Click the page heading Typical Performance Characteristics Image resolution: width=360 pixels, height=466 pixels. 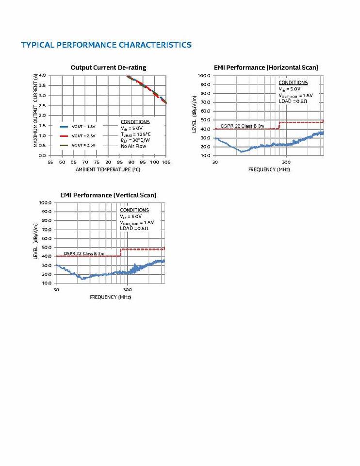point(106,45)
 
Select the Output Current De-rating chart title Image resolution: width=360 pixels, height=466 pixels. point(108,67)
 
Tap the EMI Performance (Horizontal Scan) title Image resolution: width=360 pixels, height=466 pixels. point(266,67)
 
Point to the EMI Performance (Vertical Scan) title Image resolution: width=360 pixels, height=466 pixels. point(108,195)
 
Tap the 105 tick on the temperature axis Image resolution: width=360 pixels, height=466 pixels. point(166,162)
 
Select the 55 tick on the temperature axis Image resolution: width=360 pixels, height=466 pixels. point(50,162)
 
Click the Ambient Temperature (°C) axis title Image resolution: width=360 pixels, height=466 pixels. point(108,169)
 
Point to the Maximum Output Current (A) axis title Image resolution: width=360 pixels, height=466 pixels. point(35,111)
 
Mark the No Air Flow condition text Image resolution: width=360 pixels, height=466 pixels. point(133,146)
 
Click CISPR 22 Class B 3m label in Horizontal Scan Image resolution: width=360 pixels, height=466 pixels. point(242,126)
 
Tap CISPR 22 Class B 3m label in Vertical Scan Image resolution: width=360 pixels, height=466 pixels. point(84,253)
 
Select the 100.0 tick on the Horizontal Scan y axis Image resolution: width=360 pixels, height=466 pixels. point(204,76)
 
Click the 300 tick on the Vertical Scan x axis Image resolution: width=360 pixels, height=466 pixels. point(128,290)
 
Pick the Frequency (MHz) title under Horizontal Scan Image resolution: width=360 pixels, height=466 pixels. point(269,169)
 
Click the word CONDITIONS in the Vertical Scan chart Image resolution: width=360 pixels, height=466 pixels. point(134,210)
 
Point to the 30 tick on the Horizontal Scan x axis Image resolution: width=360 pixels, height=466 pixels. point(215,162)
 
